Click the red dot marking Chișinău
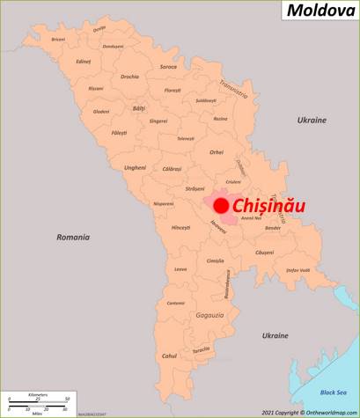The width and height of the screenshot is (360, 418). click(x=221, y=205)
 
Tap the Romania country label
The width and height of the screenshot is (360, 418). click(x=73, y=237)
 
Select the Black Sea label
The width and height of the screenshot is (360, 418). click(x=333, y=392)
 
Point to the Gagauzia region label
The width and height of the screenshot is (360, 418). click(x=209, y=314)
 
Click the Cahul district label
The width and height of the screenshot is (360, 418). click(x=169, y=356)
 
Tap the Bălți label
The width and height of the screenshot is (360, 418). click(x=138, y=108)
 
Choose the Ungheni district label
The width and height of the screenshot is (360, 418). click(x=135, y=167)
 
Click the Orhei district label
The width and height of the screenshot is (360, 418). click(x=217, y=152)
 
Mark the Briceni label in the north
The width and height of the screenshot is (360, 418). click(x=59, y=39)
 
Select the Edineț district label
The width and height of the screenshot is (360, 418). click(x=84, y=61)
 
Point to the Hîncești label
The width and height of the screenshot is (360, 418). click(x=181, y=227)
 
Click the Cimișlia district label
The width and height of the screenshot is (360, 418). click(x=216, y=260)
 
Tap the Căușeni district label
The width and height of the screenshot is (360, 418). click(x=265, y=253)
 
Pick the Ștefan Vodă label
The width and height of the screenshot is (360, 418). click(x=298, y=270)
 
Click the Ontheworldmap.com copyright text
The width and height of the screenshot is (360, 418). click(x=308, y=412)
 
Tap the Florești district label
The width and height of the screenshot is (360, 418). click(x=173, y=90)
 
